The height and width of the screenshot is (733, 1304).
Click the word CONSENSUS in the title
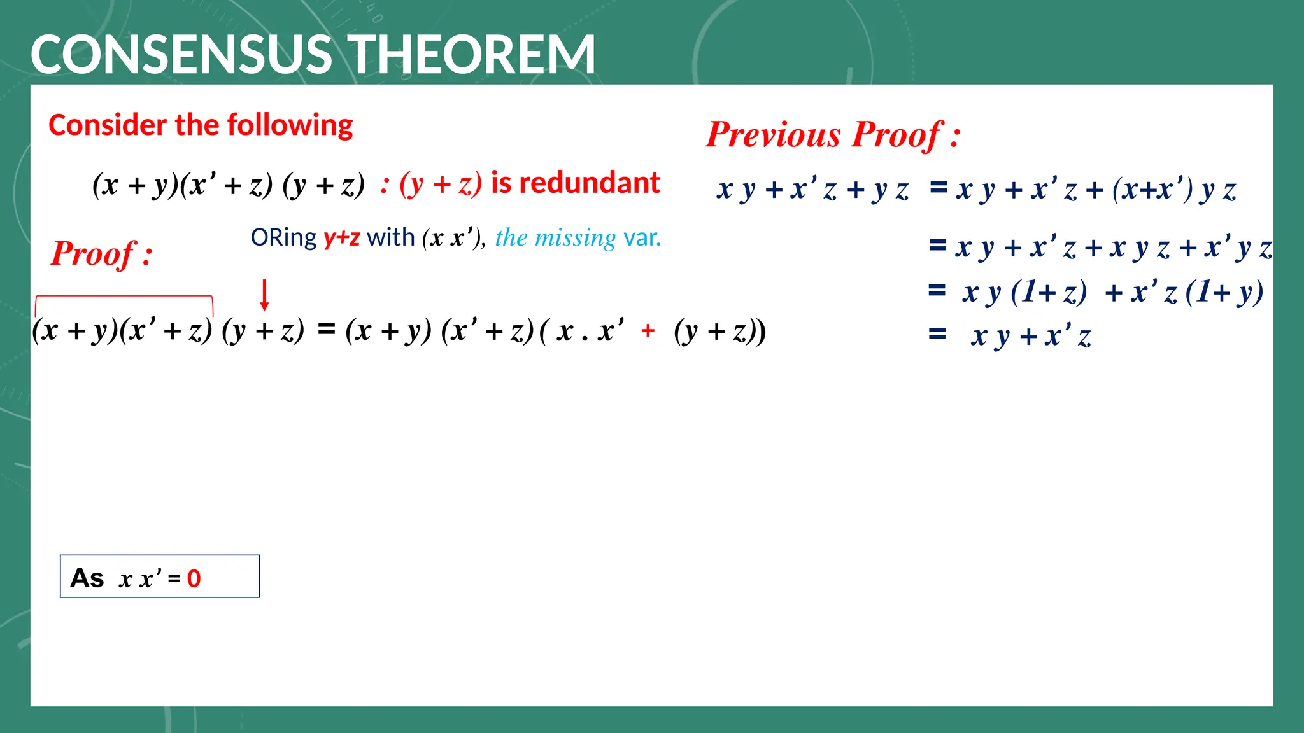181,55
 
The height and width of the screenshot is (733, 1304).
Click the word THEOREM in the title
474,55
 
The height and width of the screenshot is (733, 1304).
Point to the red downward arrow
265,295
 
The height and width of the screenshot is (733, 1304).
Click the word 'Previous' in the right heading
774,135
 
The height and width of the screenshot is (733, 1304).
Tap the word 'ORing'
283,238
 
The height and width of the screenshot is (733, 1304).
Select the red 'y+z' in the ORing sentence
342,238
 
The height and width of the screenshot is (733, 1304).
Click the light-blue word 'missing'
575,238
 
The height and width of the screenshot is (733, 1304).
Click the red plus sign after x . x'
648,331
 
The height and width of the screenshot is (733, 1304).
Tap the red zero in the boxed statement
194,578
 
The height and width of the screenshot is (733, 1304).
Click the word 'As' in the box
87,578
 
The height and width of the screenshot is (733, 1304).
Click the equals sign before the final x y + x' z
937,334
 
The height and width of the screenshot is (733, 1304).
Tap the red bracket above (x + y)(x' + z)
124,297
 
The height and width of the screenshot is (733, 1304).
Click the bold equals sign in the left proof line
327,329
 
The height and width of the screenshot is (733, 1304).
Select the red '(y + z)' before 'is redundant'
441,185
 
